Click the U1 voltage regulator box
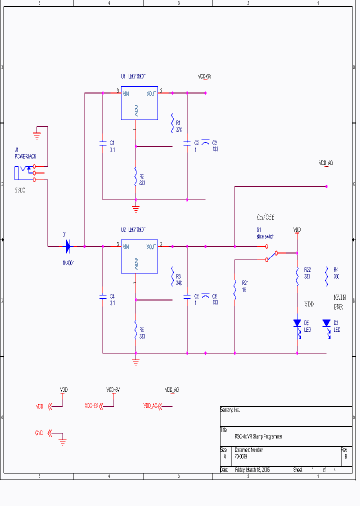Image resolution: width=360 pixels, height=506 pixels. click(x=139, y=102)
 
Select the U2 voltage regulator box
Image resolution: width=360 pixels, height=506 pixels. click(x=139, y=256)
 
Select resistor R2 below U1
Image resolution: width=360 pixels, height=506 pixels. click(x=135, y=176)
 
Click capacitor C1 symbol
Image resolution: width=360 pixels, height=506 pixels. click(x=102, y=144)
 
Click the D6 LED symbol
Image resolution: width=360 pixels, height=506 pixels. click(x=297, y=323)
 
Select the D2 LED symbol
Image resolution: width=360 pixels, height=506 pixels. click(x=326, y=323)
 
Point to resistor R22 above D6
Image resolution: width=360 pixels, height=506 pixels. click(x=297, y=275)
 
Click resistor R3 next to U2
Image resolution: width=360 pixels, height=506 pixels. click(x=172, y=275)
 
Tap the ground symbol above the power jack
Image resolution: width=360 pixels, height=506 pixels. click(x=36, y=134)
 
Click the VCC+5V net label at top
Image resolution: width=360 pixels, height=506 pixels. click(x=204, y=77)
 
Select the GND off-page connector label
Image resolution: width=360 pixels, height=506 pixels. click(x=39, y=433)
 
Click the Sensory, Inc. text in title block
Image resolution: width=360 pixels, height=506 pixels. click(x=230, y=410)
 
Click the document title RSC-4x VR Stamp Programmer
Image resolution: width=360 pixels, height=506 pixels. click(x=258, y=436)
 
